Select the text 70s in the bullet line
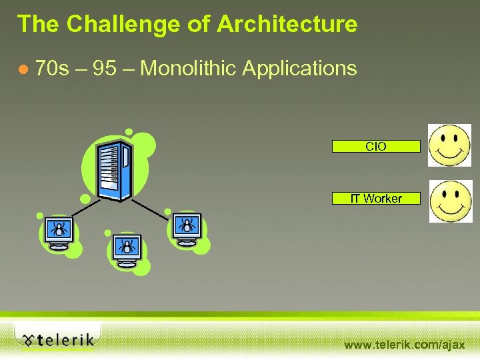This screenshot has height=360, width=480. click(53, 68)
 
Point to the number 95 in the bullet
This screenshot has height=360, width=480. click(105, 68)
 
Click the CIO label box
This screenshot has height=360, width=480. click(376, 146)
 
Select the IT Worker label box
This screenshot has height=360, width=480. click(376, 198)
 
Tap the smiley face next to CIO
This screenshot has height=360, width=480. click(450, 145)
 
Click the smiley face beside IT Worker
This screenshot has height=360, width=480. click(450, 201)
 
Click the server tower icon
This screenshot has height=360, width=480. click(113, 170)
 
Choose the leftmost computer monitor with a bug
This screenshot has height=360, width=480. click(59, 233)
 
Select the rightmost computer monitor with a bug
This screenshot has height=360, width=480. click(187, 229)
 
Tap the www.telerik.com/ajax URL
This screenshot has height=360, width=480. click(404, 345)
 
